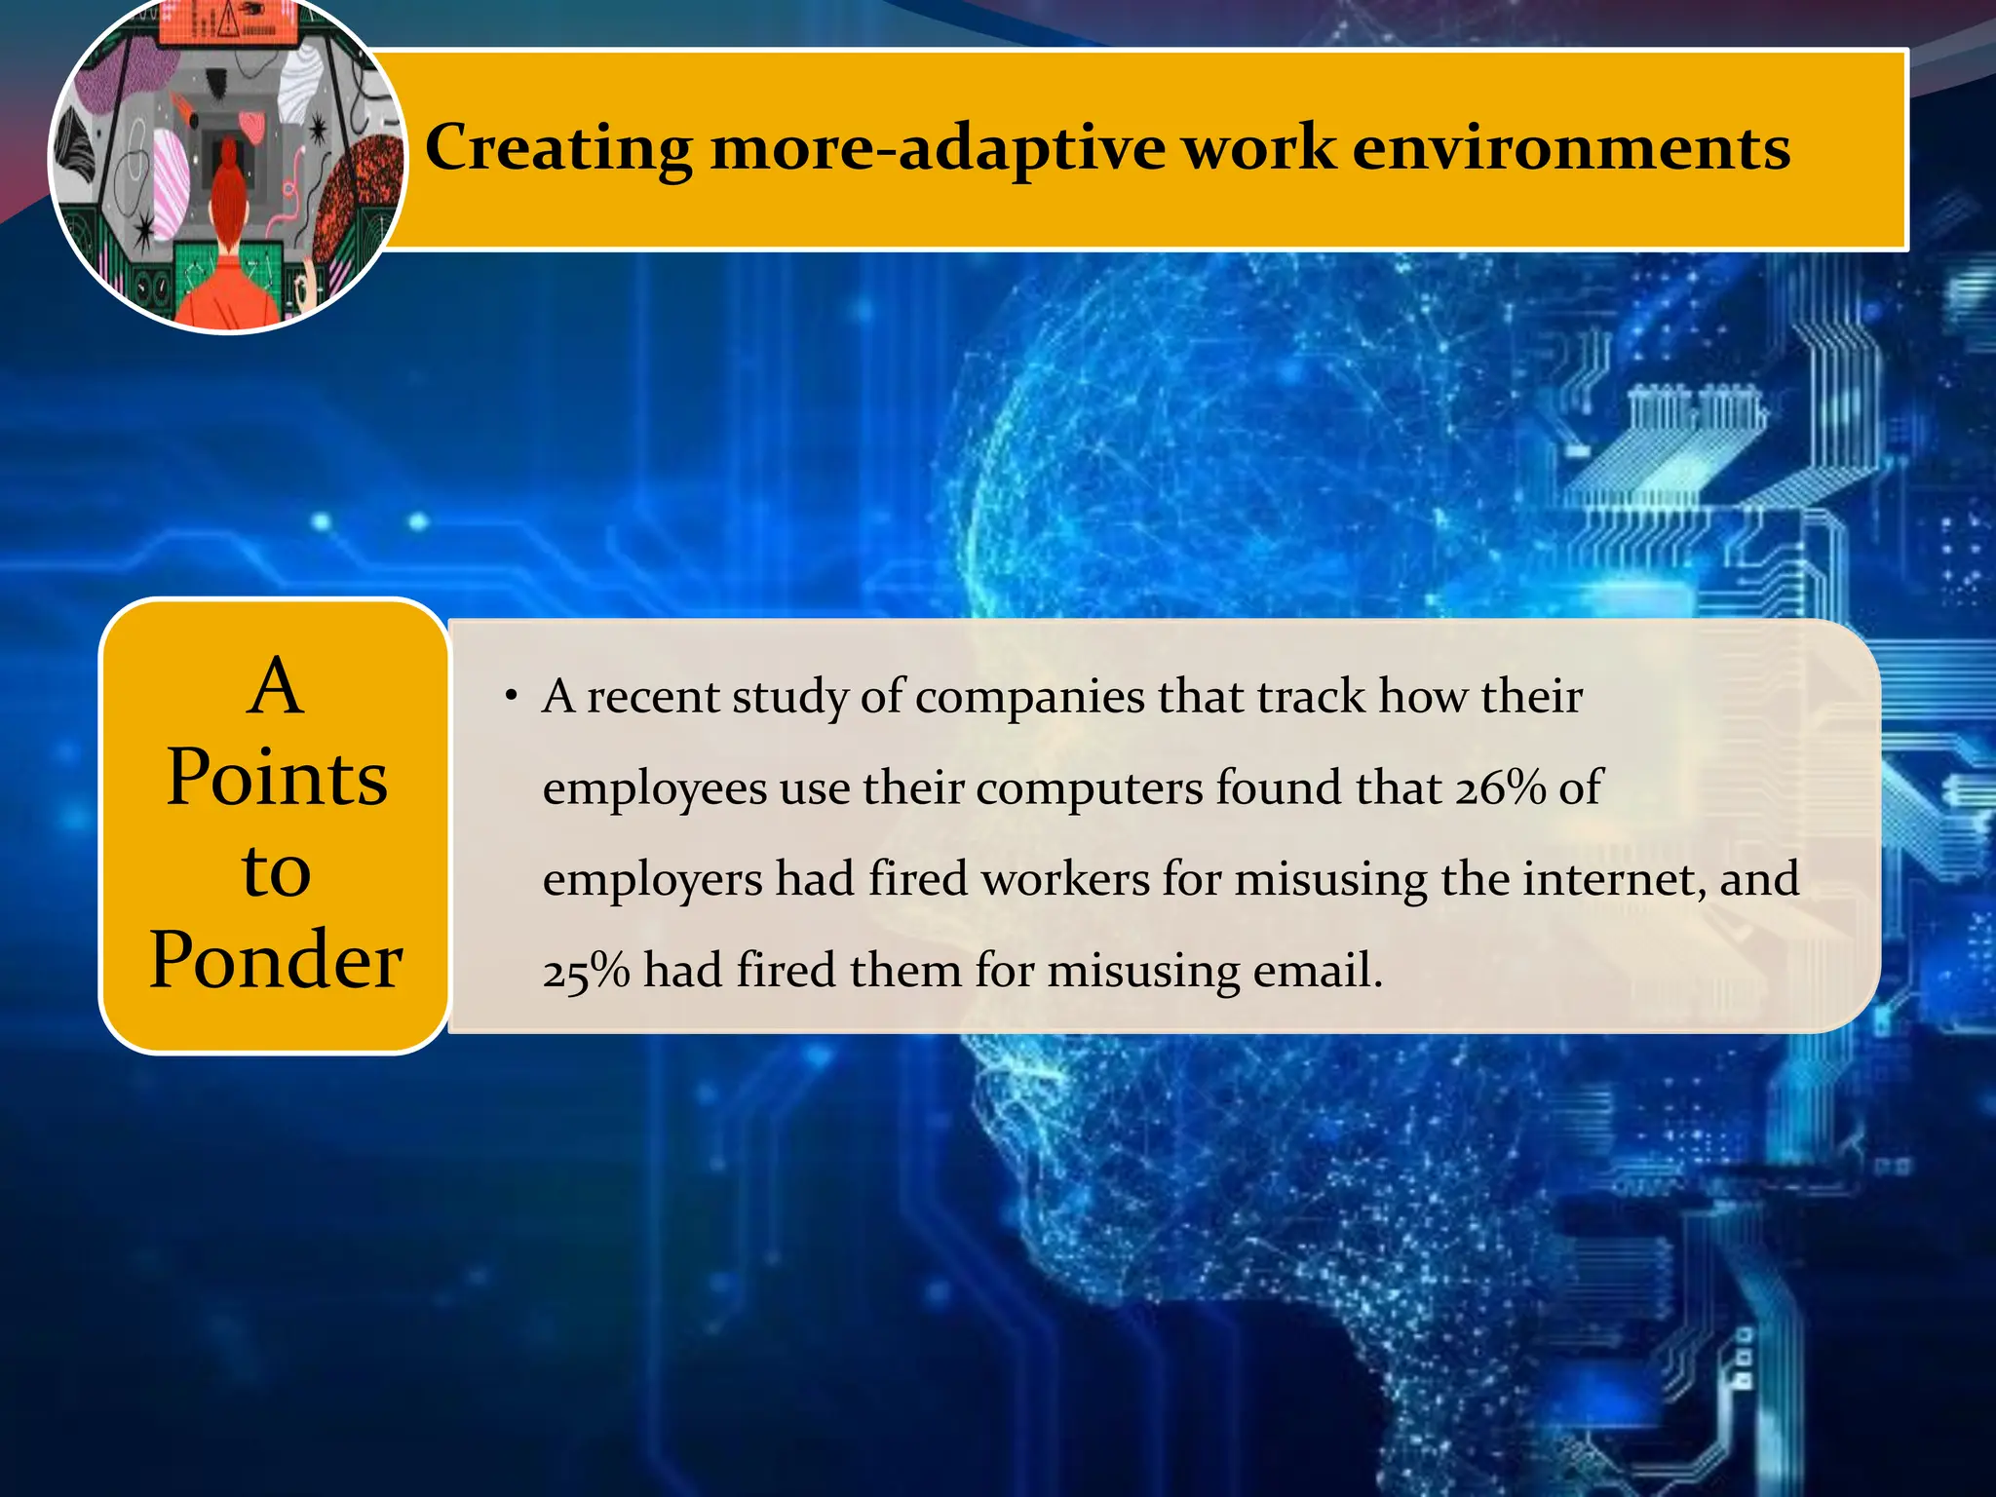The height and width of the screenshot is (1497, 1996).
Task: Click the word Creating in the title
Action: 558,148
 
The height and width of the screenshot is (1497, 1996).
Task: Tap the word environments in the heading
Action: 1571,148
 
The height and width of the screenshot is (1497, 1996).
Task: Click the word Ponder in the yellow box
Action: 276,960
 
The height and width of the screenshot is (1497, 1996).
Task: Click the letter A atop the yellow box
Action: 276,686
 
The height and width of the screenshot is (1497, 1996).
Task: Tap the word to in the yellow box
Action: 276,869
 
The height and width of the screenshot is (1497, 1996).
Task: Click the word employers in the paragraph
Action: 652,879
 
